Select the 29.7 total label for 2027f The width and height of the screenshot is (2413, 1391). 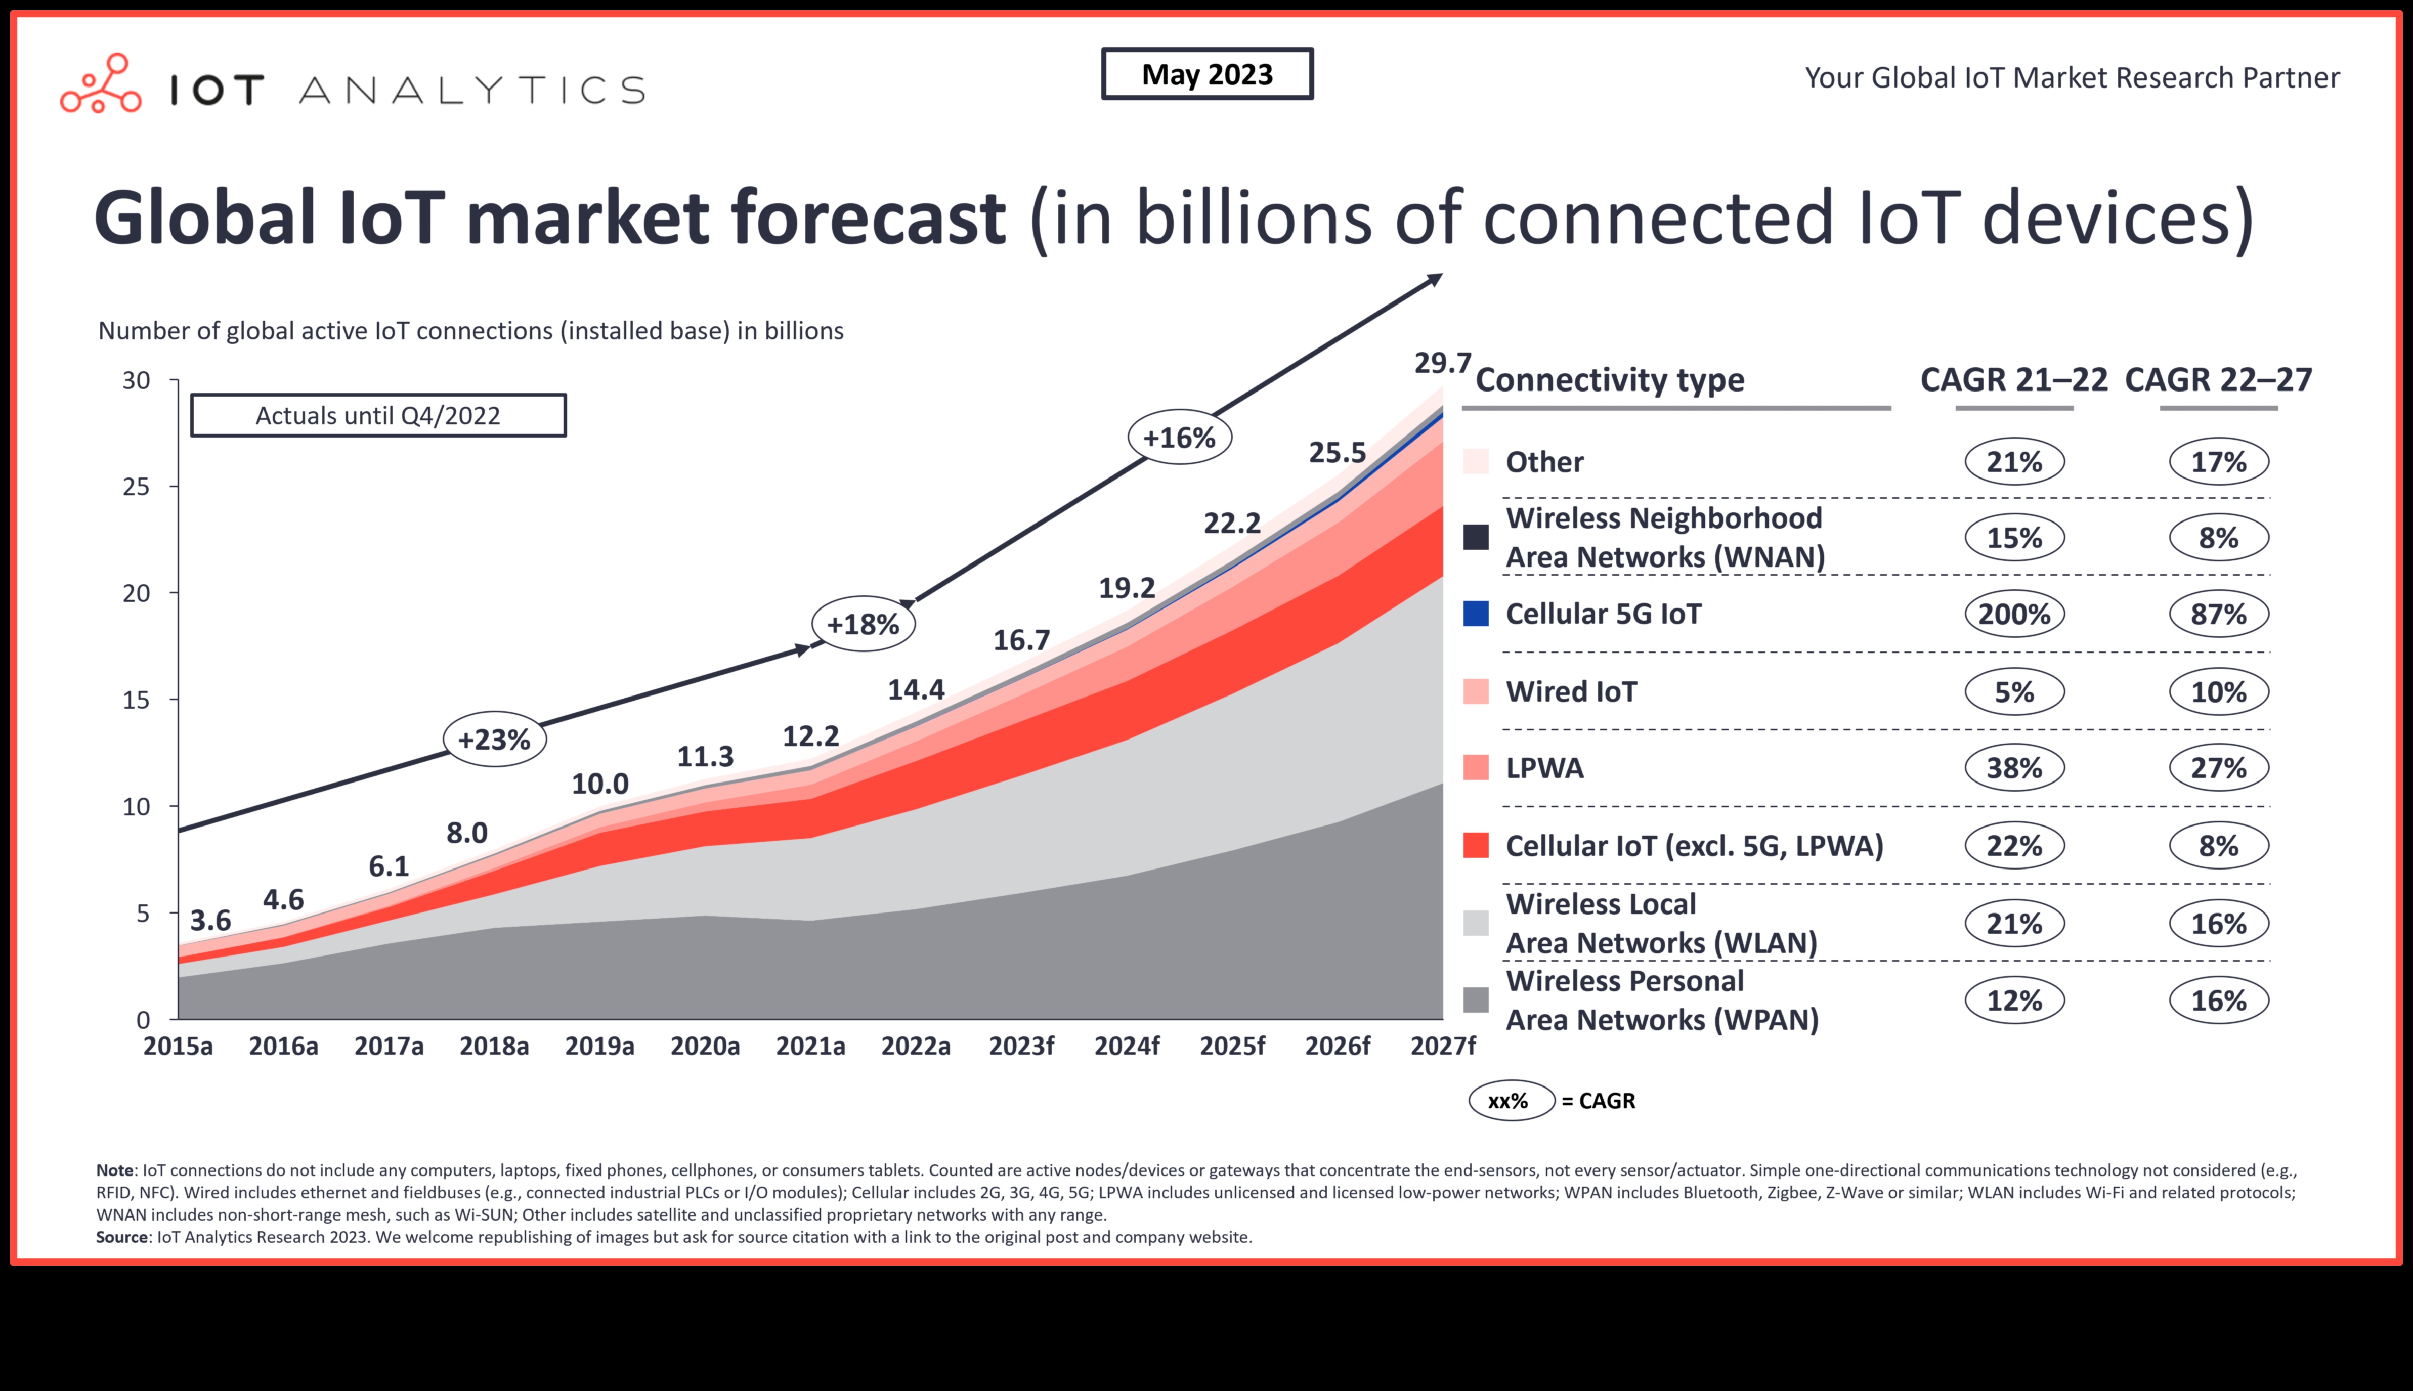tap(1442, 363)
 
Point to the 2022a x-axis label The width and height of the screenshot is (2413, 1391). tap(915, 1046)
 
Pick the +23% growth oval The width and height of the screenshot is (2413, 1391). tap(494, 740)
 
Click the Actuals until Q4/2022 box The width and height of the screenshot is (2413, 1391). tap(378, 416)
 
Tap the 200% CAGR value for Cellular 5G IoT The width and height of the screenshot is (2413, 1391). tap(2014, 614)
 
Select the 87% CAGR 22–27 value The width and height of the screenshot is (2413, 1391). tap(2218, 614)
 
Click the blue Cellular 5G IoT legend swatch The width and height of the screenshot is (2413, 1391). tap(1476, 614)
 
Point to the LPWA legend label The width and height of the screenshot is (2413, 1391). tap(1544, 768)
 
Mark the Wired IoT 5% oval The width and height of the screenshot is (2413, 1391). tap(2014, 691)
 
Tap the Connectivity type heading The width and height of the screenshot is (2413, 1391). tap(1610, 380)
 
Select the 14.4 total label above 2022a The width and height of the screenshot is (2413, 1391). tap(915, 690)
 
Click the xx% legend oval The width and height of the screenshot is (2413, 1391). tap(1510, 1101)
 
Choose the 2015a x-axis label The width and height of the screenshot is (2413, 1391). tap(178, 1046)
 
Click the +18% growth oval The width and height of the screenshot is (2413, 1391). tap(863, 625)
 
